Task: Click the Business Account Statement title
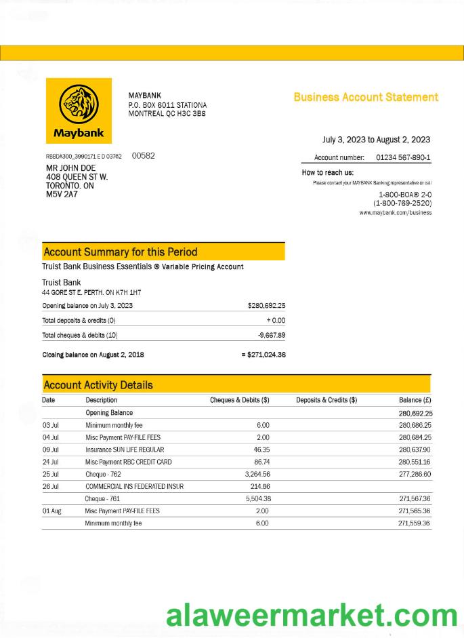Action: [366, 97]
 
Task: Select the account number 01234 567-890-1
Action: [402, 158]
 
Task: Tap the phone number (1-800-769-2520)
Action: [402, 203]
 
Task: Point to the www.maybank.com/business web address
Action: [395, 213]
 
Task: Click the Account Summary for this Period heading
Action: [121, 252]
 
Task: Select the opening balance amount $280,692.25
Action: [266, 306]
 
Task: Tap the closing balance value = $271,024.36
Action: [263, 355]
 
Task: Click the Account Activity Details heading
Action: [98, 385]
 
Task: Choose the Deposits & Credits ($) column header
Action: [326, 400]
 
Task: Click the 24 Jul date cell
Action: [51, 462]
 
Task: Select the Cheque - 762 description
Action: [103, 474]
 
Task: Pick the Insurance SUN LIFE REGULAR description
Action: [125, 450]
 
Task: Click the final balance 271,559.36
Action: [415, 523]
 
